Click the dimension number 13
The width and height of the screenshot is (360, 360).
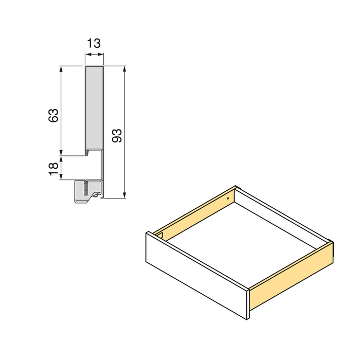point(94,44)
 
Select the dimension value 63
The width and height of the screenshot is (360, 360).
point(53,115)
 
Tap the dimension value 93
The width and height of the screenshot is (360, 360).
point(117,135)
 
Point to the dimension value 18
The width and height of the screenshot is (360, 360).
point(53,169)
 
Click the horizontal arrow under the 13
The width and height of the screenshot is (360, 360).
point(94,58)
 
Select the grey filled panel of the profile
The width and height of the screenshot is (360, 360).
point(94,108)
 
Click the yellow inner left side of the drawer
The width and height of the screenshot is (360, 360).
point(195,213)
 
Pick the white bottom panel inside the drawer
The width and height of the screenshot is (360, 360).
point(242,242)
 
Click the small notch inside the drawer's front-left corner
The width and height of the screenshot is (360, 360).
point(161,236)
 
